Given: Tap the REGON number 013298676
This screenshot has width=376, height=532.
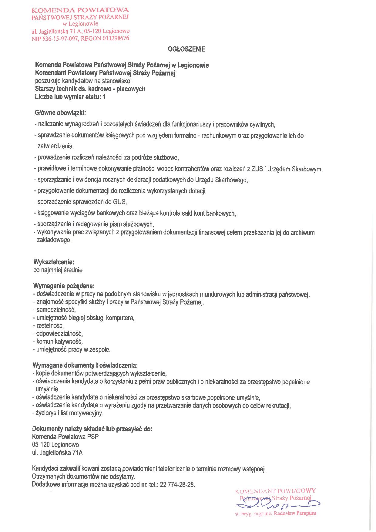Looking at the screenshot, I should (x=114, y=39).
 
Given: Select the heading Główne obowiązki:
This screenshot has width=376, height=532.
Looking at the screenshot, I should (x=61, y=113).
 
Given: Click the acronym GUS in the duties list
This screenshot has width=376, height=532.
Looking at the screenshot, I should (x=119, y=202).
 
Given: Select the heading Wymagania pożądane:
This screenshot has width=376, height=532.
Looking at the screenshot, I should (x=64, y=286).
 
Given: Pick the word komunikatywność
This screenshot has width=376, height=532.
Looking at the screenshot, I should (x=59, y=342).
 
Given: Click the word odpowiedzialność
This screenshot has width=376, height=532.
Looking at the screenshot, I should (x=59, y=334).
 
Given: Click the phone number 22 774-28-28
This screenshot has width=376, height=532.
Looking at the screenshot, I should (x=176, y=484).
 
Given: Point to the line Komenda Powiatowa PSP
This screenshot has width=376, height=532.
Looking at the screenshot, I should (x=65, y=437).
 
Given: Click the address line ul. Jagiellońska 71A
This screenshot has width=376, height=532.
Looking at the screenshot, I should (x=57, y=453).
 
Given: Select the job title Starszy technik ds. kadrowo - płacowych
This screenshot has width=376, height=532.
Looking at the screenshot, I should (x=90, y=89).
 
